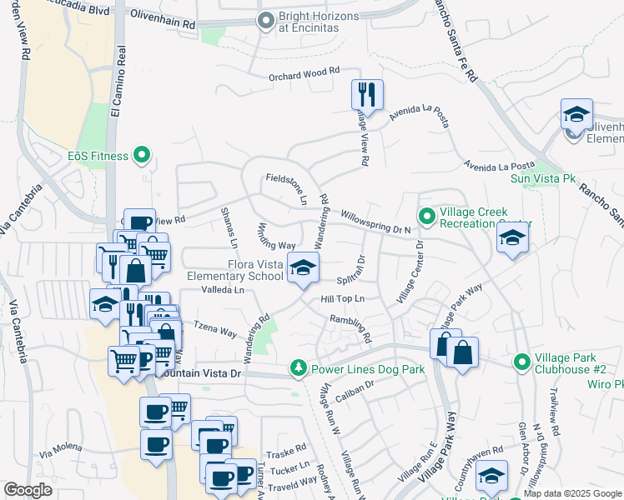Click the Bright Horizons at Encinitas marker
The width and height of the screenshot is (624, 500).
[x=266, y=21]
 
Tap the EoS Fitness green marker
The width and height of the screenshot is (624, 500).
[x=141, y=154]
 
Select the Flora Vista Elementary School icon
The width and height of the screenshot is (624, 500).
[x=303, y=268]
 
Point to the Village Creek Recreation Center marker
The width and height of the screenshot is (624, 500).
[x=427, y=217]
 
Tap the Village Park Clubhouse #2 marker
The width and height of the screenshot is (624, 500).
[x=522, y=362]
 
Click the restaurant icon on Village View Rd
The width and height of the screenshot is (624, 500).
[x=367, y=94]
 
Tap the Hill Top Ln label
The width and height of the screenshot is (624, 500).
[x=344, y=298]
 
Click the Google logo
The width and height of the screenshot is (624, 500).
[x=28, y=490]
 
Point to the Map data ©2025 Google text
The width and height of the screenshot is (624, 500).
[x=572, y=493]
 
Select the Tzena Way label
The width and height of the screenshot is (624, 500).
[x=215, y=328]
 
